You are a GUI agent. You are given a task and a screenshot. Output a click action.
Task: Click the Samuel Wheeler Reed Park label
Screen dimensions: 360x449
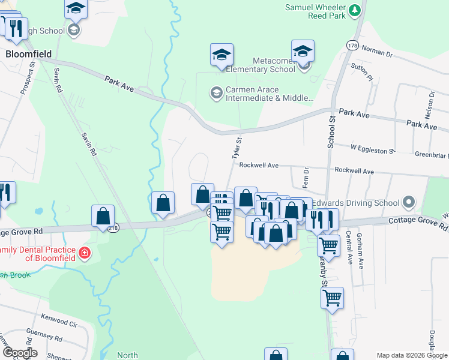pos(316,11)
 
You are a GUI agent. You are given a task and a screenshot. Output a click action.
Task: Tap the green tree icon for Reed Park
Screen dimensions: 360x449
pos(355,10)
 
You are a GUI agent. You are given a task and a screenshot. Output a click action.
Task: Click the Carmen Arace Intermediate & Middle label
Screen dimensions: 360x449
pos(269,94)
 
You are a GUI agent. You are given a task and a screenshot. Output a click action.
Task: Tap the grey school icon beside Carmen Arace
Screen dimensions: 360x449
pos(215,93)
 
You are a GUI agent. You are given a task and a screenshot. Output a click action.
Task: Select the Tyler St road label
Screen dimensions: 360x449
pos(237,148)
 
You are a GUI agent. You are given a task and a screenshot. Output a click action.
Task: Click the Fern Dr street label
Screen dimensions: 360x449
pos(305,176)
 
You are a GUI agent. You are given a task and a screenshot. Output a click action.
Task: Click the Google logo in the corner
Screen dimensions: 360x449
pos(20,353)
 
